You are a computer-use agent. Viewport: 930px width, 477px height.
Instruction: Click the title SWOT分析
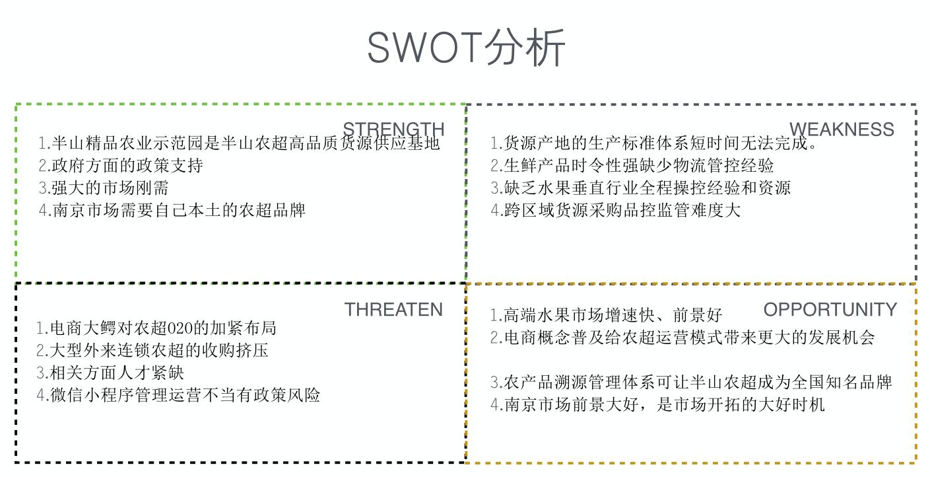(x=466, y=48)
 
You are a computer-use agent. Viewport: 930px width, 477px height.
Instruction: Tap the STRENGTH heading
(x=393, y=129)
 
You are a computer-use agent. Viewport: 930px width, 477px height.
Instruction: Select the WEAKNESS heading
(x=842, y=129)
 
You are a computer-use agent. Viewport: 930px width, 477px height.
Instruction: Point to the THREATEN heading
(x=393, y=310)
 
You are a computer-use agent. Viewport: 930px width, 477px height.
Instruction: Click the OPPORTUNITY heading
(x=830, y=310)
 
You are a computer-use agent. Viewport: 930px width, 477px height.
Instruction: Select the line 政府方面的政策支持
(x=120, y=165)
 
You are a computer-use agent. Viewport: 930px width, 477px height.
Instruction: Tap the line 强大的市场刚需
(x=104, y=188)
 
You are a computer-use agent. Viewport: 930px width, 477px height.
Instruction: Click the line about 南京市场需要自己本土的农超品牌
(x=172, y=210)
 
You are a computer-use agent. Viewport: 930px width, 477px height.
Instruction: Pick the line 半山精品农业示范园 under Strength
(x=239, y=143)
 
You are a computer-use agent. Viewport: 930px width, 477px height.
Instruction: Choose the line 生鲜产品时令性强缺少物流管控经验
(x=632, y=165)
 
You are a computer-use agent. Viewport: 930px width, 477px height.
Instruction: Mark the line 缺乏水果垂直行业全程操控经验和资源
(x=640, y=188)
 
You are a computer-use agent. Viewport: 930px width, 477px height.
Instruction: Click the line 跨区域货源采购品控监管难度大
(x=615, y=210)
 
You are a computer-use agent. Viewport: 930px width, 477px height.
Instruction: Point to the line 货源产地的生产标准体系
(x=653, y=143)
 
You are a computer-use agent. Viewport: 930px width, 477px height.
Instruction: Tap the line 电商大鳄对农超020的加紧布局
(x=156, y=328)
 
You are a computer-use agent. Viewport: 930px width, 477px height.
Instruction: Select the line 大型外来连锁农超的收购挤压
(x=152, y=351)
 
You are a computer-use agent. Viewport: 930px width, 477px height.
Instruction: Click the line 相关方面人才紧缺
(x=110, y=373)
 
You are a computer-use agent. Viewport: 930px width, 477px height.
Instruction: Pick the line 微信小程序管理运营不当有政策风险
(x=178, y=395)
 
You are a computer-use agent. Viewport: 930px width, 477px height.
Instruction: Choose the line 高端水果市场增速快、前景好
(x=606, y=315)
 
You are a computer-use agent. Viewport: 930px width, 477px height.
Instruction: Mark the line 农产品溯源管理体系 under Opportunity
(x=691, y=383)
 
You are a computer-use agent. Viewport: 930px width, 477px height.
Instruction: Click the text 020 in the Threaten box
(x=180, y=328)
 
